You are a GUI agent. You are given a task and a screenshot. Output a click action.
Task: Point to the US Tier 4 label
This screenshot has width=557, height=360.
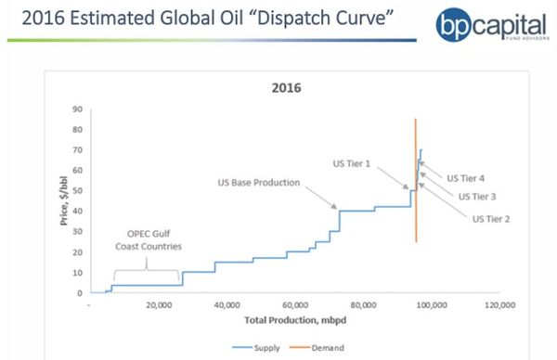(x=465, y=178)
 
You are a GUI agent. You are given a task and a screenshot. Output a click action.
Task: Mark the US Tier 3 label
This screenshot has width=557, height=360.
(x=477, y=196)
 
